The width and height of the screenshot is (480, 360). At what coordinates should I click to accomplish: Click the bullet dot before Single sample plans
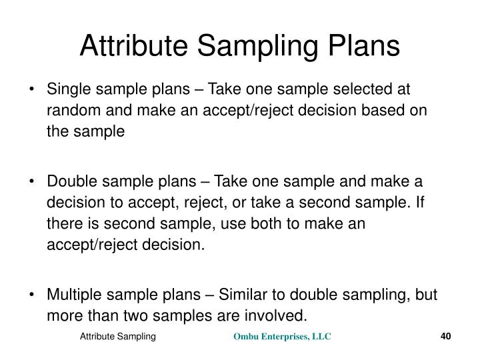click(33, 90)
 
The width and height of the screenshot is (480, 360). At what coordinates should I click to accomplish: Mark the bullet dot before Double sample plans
click(33, 182)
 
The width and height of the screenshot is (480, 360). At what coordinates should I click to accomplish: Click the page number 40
click(446, 337)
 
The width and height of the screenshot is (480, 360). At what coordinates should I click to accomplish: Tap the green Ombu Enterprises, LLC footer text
click(281, 337)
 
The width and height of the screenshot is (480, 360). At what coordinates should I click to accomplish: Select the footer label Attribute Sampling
click(118, 337)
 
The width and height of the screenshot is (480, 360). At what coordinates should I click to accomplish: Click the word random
click(69, 111)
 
